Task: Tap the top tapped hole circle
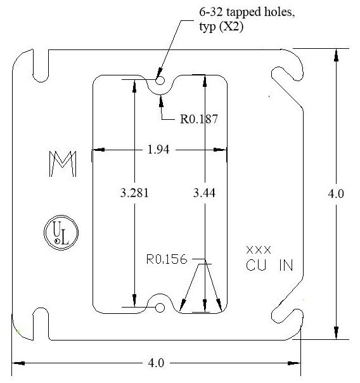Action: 160,81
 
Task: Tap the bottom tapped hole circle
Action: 160,308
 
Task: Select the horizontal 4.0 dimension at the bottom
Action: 156,363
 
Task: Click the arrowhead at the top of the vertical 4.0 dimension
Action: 337,56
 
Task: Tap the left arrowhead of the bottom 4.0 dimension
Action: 19,363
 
